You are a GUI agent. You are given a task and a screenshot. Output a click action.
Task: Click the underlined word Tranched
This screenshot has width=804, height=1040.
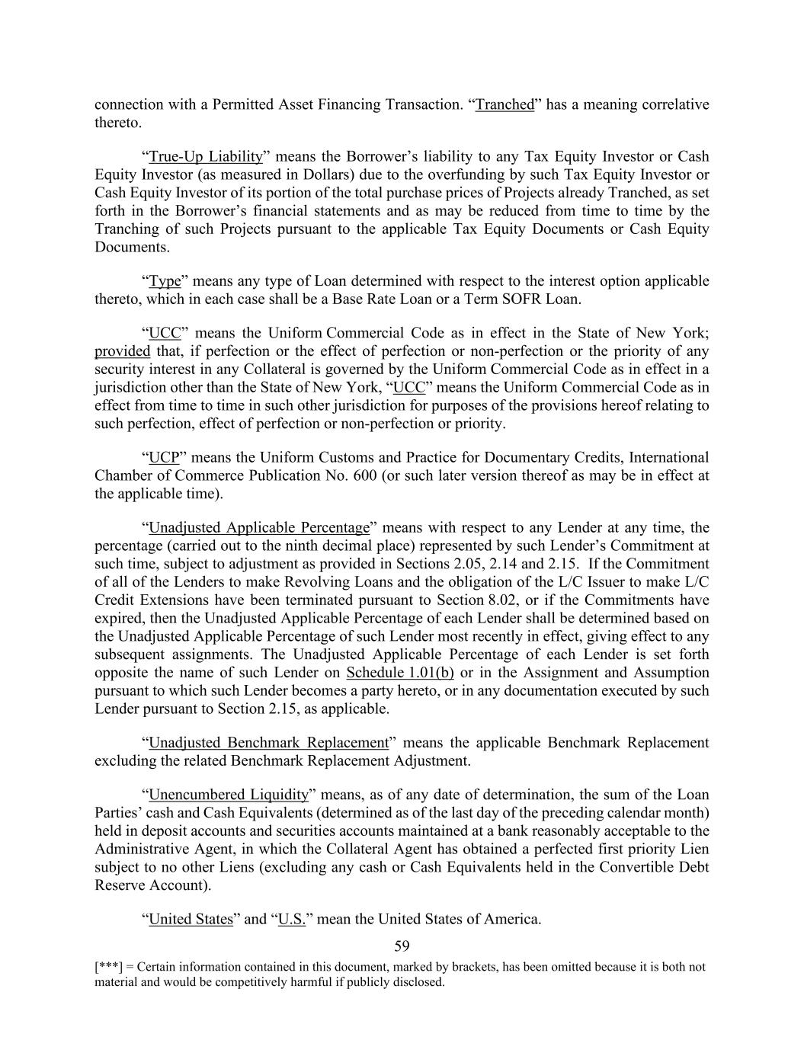point(505,104)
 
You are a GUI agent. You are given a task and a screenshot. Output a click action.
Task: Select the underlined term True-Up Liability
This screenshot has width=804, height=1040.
point(205,156)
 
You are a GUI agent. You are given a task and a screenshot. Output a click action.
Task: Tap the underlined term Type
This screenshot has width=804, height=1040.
point(165,281)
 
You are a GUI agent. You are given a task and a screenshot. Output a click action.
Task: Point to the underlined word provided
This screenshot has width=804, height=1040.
point(122,351)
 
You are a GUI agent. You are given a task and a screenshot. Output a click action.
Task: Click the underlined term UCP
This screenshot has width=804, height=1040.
point(164,457)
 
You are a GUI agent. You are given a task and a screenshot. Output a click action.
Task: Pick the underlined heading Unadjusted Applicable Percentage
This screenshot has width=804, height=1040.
point(258,527)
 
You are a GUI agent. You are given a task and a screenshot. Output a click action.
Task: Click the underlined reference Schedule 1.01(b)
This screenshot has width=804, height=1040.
point(400,672)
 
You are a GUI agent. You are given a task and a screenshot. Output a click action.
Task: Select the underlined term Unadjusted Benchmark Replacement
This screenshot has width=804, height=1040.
point(268,742)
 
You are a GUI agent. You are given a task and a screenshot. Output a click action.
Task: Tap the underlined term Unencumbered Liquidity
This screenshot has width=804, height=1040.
point(228,794)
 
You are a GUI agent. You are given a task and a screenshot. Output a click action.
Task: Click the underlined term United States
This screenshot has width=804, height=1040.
point(191,919)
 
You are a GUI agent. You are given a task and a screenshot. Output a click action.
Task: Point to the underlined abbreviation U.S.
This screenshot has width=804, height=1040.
point(292,919)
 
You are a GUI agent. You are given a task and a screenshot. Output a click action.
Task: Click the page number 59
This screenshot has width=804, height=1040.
point(402,946)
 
